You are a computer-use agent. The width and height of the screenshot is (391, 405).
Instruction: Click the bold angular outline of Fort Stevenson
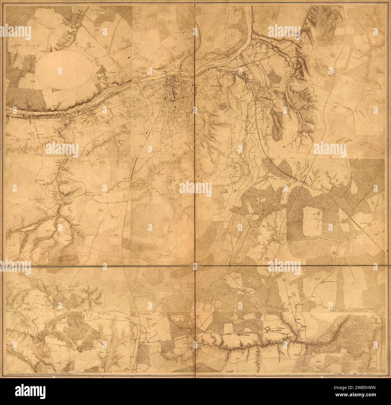click(267, 329)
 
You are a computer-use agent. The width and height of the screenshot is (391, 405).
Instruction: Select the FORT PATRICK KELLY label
click(332, 282)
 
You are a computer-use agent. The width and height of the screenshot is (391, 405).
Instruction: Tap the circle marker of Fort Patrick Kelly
click(322, 282)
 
